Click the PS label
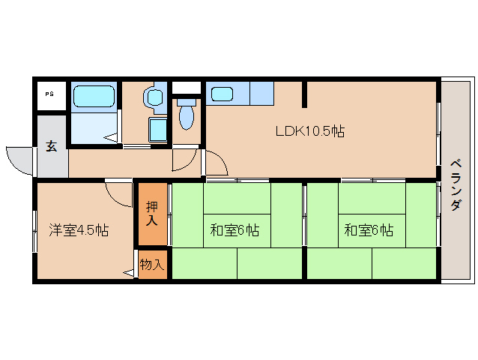pos(49,94)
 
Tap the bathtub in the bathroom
pos(93,97)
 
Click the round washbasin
pos(154,97)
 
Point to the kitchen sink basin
pos(222,94)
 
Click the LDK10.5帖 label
pos(309,131)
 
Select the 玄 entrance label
pos(51,146)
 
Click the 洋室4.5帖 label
pos(79,230)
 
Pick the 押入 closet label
pos(152,213)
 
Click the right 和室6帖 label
pos(369,230)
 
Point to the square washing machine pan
pos(158,129)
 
